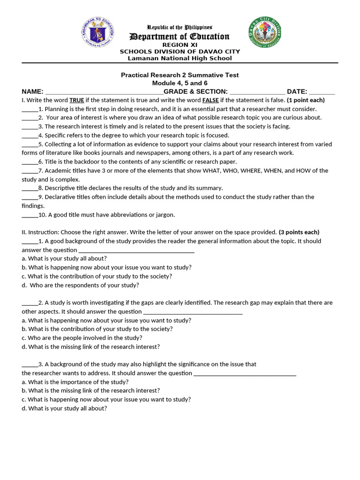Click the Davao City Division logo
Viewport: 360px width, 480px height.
pos(265,32)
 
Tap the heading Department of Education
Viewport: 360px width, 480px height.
pos(180,37)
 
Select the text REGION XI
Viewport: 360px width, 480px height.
pos(180,45)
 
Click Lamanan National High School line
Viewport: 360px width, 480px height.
pos(180,58)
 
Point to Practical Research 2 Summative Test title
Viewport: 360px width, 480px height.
pos(180,75)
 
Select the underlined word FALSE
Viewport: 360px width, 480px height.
pos(210,100)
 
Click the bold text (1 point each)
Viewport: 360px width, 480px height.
pos(306,100)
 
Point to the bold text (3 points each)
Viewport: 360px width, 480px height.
pos(299,232)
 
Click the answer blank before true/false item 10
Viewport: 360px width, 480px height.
pos(30,215)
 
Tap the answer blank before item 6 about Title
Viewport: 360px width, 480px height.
pos(30,162)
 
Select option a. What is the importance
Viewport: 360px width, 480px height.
pos(75,382)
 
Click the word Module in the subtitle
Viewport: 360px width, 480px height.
pos(163,83)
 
